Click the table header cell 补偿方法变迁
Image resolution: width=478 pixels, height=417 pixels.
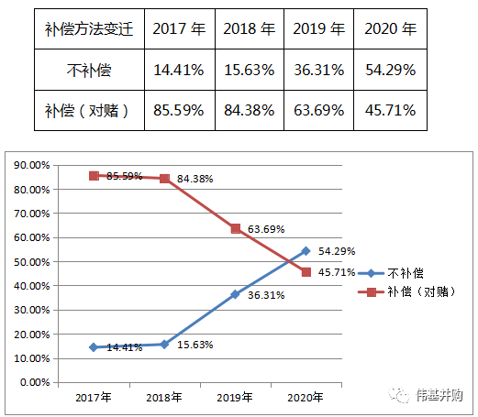88,28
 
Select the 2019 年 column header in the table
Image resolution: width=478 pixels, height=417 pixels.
319,28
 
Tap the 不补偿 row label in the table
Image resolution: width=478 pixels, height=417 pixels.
88,69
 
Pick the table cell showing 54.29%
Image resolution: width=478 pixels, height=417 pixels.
390,69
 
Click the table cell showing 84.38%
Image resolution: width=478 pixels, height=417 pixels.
249,110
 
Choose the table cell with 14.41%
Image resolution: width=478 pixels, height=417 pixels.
178,69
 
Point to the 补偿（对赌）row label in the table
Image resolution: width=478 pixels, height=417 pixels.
88,110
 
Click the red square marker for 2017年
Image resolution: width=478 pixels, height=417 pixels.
94,176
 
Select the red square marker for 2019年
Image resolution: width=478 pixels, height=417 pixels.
236,228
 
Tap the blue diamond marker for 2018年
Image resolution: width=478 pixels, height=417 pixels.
164,345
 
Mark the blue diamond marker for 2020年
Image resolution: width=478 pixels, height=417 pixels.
306,251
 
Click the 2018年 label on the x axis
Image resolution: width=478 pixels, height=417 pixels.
164,398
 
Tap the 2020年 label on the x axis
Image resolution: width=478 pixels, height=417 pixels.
306,398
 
